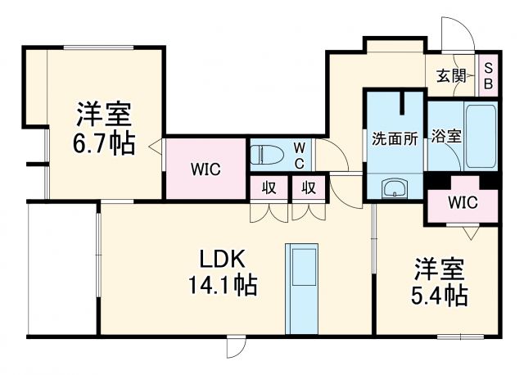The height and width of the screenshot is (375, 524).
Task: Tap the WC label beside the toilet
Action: (x=300, y=153)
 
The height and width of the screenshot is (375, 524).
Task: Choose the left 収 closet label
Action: (x=268, y=187)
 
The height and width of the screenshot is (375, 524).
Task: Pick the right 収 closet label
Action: (x=309, y=187)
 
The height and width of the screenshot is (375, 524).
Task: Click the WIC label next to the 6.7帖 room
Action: (x=205, y=169)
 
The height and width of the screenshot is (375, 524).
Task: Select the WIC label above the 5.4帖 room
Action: (x=463, y=201)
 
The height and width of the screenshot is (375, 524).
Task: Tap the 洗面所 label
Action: (x=395, y=138)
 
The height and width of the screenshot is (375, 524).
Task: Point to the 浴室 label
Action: (x=448, y=137)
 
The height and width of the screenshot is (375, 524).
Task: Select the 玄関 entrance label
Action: (x=451, y=76)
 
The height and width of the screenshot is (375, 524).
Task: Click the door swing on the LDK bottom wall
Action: (x=234, y=349)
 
